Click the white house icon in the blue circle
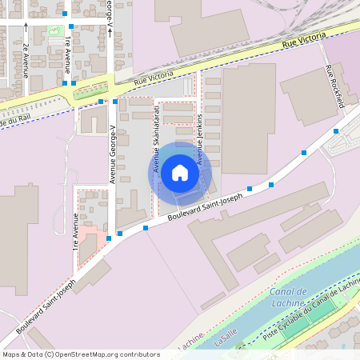[x=180, y=172]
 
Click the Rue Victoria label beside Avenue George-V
[x=152, y=78]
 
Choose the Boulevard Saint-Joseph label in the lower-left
[x=46, y=306]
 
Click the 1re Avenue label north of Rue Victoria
[x=69, y=52]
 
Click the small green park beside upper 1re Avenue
[x=54, y=30]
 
